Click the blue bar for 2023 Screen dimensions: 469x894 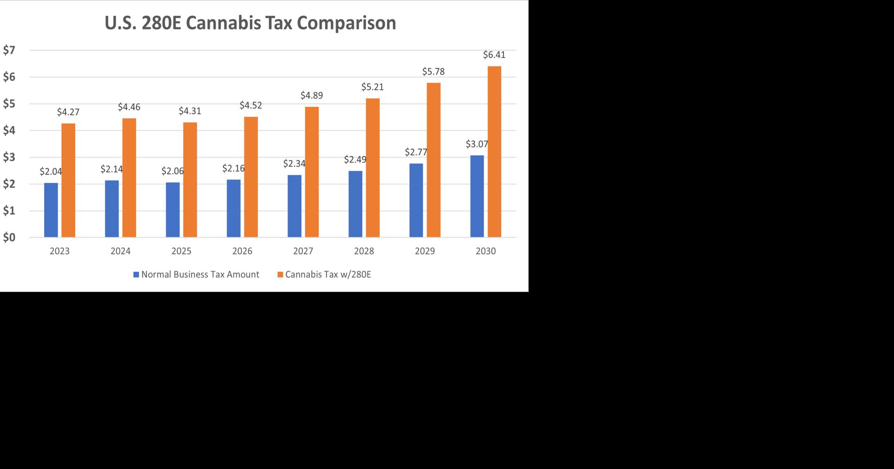tap(51, 210)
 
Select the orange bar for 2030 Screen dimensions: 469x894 tap(494, 152)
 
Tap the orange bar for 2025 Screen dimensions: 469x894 tap(190, 180)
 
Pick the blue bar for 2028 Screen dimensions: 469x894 tap(355, 204)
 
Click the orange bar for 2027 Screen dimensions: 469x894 tap(312, 172)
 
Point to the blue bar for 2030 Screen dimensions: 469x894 tap(477, 196)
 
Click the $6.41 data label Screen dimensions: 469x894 tap(494, 55)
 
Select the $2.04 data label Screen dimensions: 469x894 tap(51, 171)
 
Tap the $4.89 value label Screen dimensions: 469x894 tap(312, 95)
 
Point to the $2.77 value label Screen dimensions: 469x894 tap(416, 152)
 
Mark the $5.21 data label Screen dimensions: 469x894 tap(372, 87)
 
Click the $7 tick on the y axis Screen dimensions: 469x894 tap(9, 50)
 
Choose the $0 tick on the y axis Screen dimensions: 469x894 tap(9, 237)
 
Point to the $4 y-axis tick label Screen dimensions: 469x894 tap(9, 131)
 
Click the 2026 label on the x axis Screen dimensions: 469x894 tap(242, 251)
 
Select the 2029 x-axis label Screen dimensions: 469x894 tap(425, 251)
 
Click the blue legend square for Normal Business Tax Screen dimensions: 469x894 tap(136, 275)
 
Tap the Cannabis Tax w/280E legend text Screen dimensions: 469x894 tap(328, 274)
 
